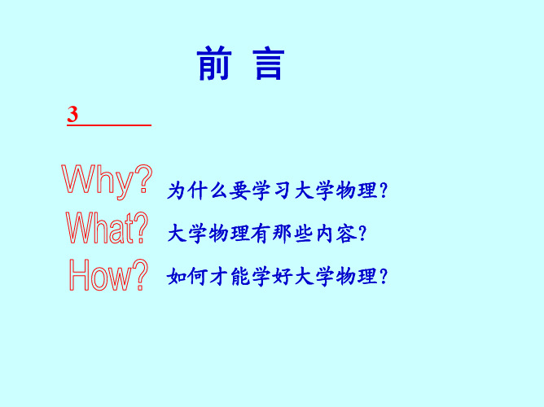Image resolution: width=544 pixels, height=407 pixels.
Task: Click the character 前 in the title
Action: click(x=214, y=63)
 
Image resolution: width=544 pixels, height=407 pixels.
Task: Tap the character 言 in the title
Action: click(x=269, y=63)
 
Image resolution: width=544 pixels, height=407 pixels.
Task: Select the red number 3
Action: click(x=72, y=114)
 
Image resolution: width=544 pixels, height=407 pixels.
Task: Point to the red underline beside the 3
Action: click(x=109, y=125)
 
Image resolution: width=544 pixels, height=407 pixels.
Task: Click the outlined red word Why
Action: click(x=97, y=181)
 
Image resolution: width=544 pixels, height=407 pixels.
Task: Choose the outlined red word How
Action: click(x=101, y=274)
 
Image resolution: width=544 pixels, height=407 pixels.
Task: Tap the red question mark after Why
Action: click(x=143, y=178)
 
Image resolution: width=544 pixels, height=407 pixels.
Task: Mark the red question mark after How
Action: click(x=140, y=274)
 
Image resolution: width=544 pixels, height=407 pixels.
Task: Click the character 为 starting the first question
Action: click(x=176, y=190)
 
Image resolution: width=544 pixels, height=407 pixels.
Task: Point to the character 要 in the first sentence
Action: click(x=239, y=190)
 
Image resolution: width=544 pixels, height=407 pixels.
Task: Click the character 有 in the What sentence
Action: click(x=261, y=234)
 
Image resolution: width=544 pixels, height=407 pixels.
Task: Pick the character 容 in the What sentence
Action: click(x=346, y=234)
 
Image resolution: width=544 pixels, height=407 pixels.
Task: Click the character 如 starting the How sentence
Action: click(x=177, y=276)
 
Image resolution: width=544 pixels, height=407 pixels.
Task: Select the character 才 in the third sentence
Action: click(x=218, y=276)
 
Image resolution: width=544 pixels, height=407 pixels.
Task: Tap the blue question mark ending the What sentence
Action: click(x=363, y=234)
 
